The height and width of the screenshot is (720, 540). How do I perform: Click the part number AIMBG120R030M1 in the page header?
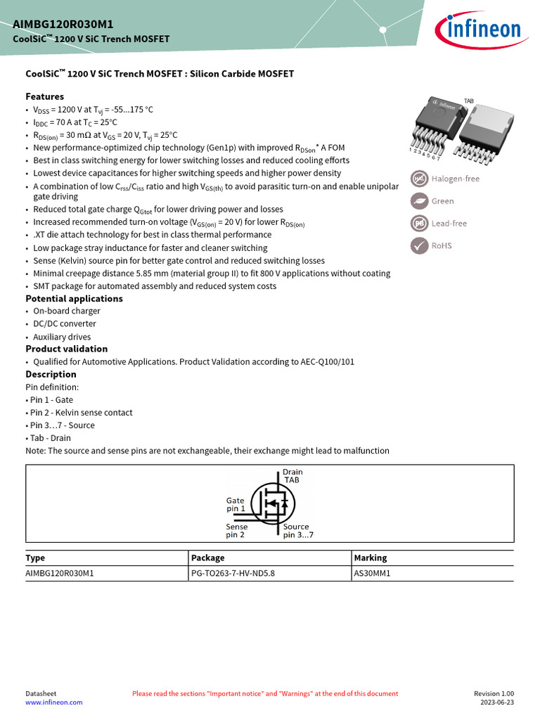pos(63,24)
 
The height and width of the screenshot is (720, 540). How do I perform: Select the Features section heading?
pos(44,96)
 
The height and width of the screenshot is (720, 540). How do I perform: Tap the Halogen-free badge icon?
pos(420,179)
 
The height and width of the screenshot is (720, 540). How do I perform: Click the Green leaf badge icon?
pos(420,201)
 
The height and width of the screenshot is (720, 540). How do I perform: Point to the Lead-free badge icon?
pos(420,224)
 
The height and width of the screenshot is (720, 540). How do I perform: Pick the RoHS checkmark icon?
pos(420,245)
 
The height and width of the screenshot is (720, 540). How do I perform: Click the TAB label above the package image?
pos(469,101)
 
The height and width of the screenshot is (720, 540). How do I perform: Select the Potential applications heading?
pos(74,299)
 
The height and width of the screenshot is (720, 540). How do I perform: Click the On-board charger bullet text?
pos(67,311)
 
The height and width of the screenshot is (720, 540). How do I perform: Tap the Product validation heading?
pos(67,349)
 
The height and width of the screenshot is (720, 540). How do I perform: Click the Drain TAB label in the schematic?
pos(292,476)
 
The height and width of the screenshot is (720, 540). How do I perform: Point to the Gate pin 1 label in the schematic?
pos(236,504)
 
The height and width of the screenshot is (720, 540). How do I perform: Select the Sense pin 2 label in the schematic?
pos(236,531)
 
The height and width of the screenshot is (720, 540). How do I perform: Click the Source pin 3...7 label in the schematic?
pos(298,531)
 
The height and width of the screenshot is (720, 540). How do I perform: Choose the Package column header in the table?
pos(208,558)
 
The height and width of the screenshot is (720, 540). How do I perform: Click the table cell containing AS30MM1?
pos(372,574)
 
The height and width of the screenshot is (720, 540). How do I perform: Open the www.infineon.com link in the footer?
pos(54,702)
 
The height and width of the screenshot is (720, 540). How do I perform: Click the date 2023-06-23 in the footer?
pos(496,702)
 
